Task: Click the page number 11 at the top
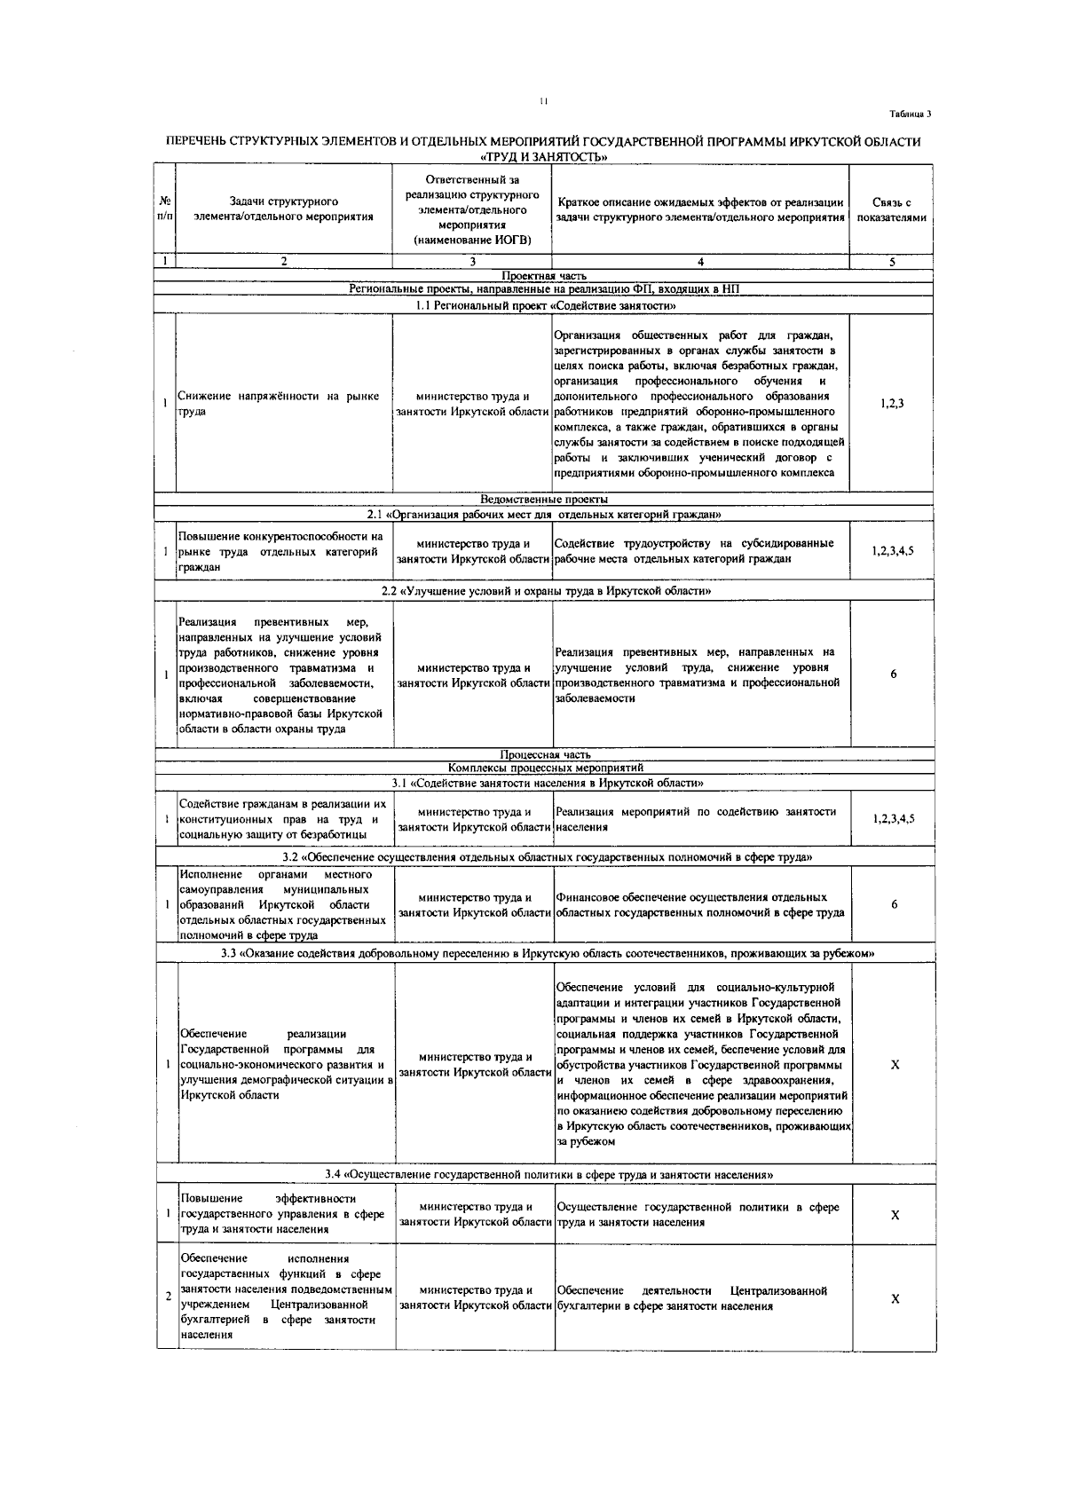pyautogui.click(x=543, y=101)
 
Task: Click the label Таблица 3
pyautogui.click(x=911, y=114)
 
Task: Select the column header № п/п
pyautogui.click(x=165, y=210)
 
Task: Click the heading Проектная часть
pyautogui.click(x=543, y=276)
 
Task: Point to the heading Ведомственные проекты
pyautogui.click(x=543, y=500)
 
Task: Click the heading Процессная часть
pyautogui.click(x=545, y=754)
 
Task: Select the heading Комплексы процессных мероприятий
pyautogui.click(x=545, y=768)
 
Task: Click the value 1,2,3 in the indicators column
pyautogui.click(x=892, y=404)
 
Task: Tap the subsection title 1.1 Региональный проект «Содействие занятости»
pyautogui.click(x=545, y=305)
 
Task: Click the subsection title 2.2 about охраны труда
pyautogui.click(x=545, y=590)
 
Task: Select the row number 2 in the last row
pyautogui.click(x=168, y=1297)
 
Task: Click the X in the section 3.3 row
pyautogui.click(x=895, y=1064)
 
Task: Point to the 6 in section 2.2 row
pyautogui.click(x=893, y=674)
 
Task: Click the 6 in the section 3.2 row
pyautogui.click(x=894, y=904)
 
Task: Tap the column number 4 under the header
pyautogui.click(x=700, y=262)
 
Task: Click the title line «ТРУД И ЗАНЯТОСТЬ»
pyautogui.click(x=543, y=156)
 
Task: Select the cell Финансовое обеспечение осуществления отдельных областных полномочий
pyautogui.click(x=700, y=904)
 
